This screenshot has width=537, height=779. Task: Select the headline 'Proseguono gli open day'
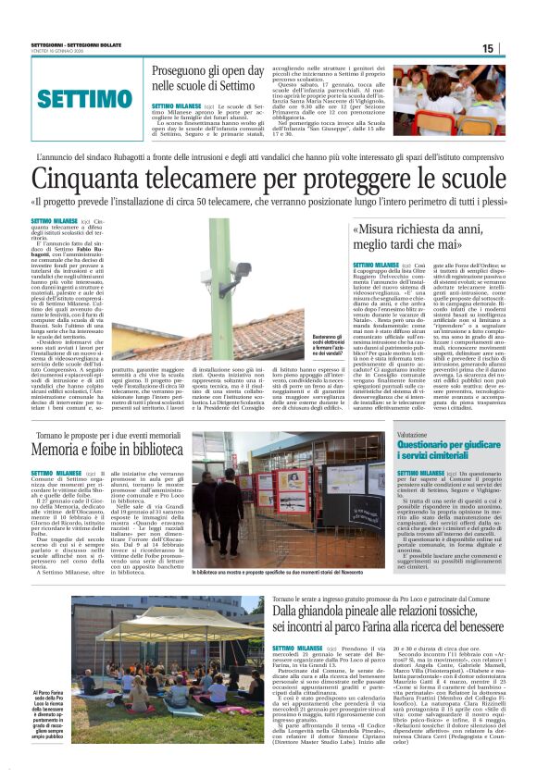[215, 71]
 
